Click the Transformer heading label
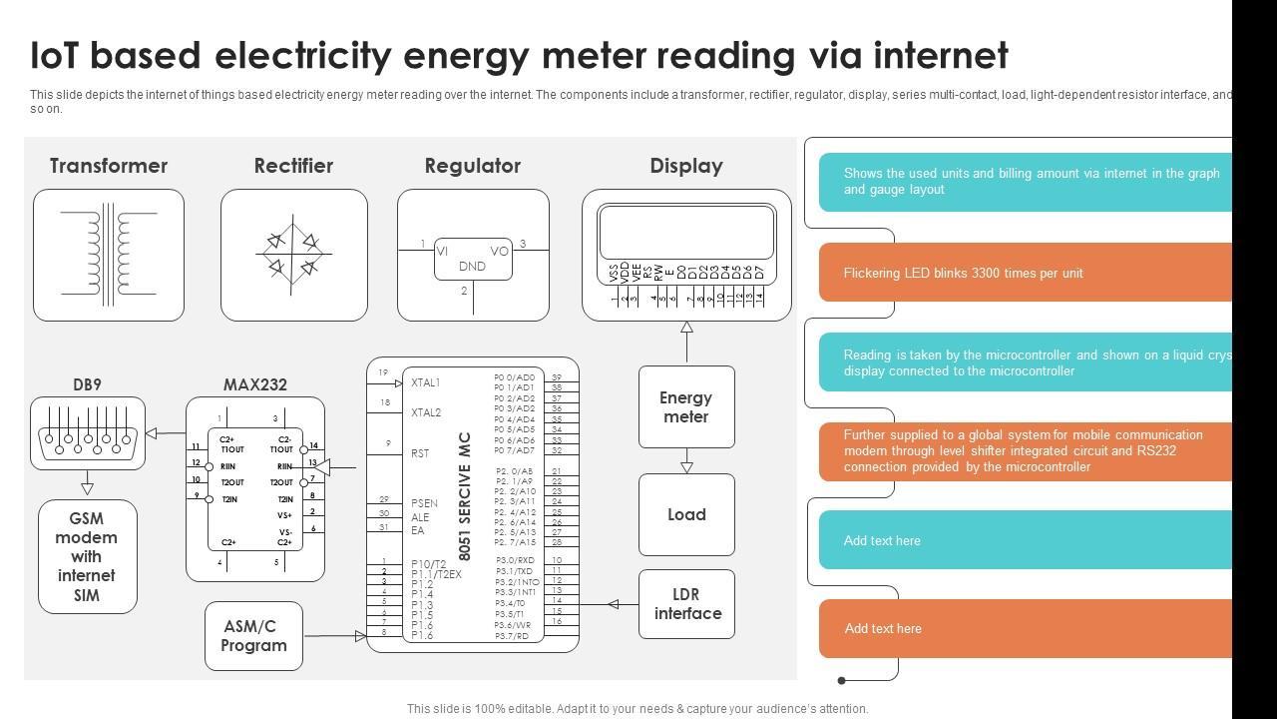109,166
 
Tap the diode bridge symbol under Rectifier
293,254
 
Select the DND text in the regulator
472,267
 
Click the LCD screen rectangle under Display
686,233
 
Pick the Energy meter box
686,406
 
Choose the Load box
686,514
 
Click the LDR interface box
686,604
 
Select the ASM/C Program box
253,636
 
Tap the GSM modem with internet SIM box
87,556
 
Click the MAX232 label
255,384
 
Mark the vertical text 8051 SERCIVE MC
465,496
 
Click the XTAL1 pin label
425,382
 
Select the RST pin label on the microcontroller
420,453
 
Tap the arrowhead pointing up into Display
686,327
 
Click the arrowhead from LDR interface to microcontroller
614,604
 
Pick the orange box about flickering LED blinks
1026,273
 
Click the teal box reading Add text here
1026,540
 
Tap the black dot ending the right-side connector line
842,680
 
